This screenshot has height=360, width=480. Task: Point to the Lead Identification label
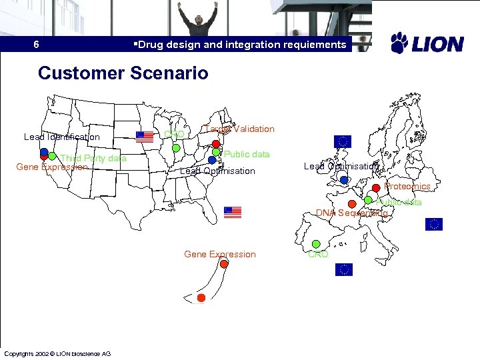(61, 137)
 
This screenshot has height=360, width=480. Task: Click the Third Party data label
(93, 159)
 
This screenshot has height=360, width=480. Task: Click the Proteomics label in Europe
(407, 187)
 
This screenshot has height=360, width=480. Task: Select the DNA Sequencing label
(352, 213)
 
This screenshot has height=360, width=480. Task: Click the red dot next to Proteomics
(376, 187)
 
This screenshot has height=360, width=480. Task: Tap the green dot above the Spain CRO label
(317, 245)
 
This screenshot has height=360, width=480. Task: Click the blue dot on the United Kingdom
(344, 180)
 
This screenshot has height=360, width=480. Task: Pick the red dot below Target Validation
(217, 144)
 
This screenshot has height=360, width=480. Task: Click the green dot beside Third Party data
(52, 157)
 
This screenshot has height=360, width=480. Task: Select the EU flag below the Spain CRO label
(343, 269)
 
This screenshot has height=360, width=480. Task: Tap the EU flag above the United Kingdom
(343, 141)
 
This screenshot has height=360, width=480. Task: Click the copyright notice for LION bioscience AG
(57, 353)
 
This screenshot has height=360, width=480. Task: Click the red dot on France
(352, 204)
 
